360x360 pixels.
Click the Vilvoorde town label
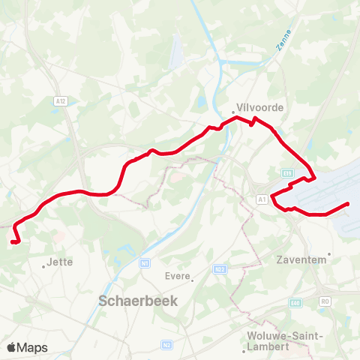coord(259,107)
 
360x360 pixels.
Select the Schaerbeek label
coord(130,301)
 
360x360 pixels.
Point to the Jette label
coord(58,262)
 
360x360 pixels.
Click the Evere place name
coord(176,275)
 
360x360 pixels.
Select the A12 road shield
coord(61,99)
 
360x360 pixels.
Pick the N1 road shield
coord(145,263)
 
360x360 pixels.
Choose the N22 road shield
coord(220,268)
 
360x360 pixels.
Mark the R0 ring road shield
coord(325,301)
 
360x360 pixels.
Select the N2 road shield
coord(166,345)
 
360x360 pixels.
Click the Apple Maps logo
coord(27,348)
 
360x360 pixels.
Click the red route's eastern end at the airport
coord(348,204)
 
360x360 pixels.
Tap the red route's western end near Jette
coord(13,241)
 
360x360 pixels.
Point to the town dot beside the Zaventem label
coord(328,253)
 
